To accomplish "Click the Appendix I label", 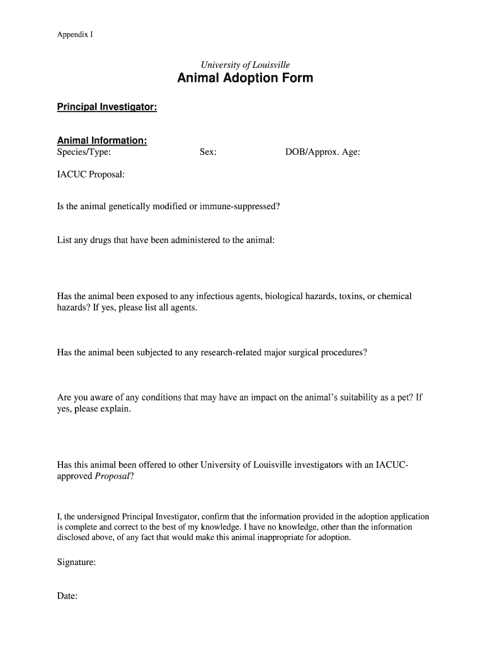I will (x=75, y=35).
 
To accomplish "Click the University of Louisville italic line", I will (x=245, y=65).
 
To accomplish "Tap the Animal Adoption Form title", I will (x=245, y=79).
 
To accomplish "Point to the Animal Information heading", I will (x=102, y=140).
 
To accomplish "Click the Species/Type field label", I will (x=84, y=152).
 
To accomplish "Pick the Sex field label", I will (x=208, y=152).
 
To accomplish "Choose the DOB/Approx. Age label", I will (x=322, y=152).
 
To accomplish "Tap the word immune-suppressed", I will (x=239, y=207).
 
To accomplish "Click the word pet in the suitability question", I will (x=404, y=397).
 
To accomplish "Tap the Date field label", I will (x=67, y=596).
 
